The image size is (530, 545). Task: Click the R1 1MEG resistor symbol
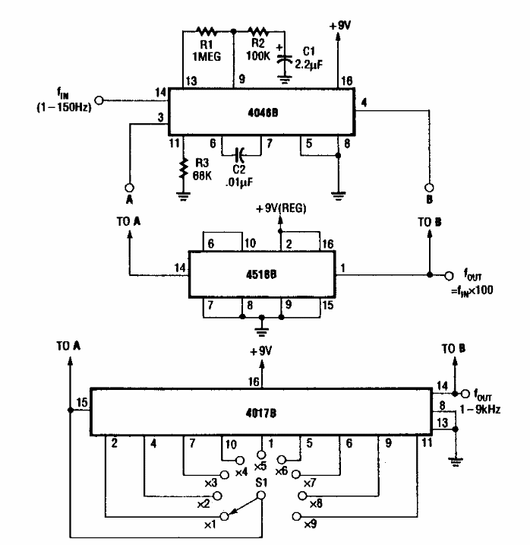[207, 32]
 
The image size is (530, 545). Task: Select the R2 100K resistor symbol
[259, 32]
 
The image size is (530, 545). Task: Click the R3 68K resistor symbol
[183, 169]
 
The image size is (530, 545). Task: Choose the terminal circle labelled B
[430, 187]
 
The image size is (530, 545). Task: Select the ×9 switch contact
[296, 518]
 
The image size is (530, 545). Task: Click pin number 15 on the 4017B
[82, 402]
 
